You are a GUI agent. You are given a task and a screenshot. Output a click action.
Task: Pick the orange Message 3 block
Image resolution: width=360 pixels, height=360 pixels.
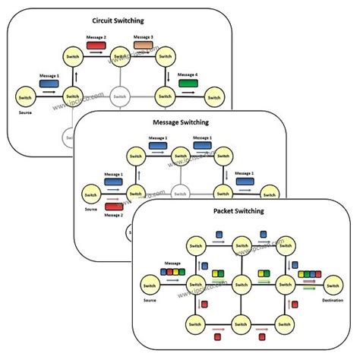[x=144, y=46]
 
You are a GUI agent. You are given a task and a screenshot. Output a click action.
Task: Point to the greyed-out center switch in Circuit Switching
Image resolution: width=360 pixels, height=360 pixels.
[x=119, y=96]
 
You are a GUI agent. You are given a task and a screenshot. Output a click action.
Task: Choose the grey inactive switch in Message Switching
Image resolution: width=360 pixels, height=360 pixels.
[x=180, y=193]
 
